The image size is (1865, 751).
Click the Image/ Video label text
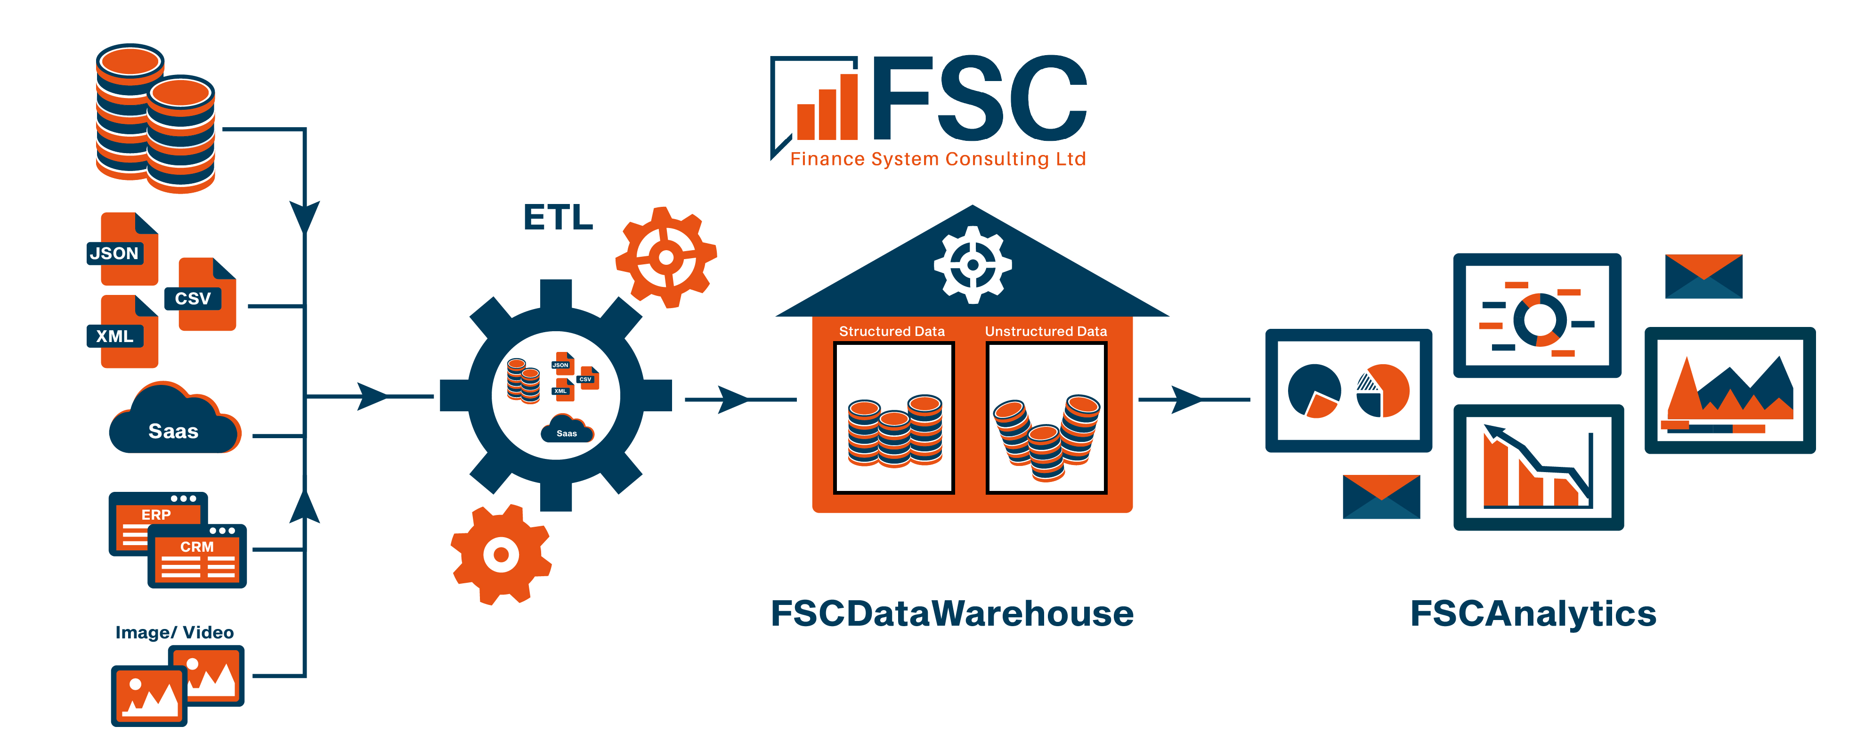click(174, 632)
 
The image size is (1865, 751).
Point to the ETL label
click(558, 217)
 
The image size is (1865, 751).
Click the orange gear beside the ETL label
click(666, 257)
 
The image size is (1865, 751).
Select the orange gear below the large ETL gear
click(501, 555)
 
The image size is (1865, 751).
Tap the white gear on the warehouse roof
click(973, 264)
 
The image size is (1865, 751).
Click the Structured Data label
click(892, 331)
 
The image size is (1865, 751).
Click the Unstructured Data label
click(1046, 331)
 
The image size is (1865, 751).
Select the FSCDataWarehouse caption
click(952, 613)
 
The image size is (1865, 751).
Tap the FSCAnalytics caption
click(1533, 613)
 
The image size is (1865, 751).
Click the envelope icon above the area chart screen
click(1703, 276)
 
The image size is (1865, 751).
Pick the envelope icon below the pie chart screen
click(1381, 497)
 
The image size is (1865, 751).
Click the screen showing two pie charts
click(1348, 391)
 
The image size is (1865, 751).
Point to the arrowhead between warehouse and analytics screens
click(1186, 399)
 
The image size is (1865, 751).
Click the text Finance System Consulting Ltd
click(938, 159)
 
